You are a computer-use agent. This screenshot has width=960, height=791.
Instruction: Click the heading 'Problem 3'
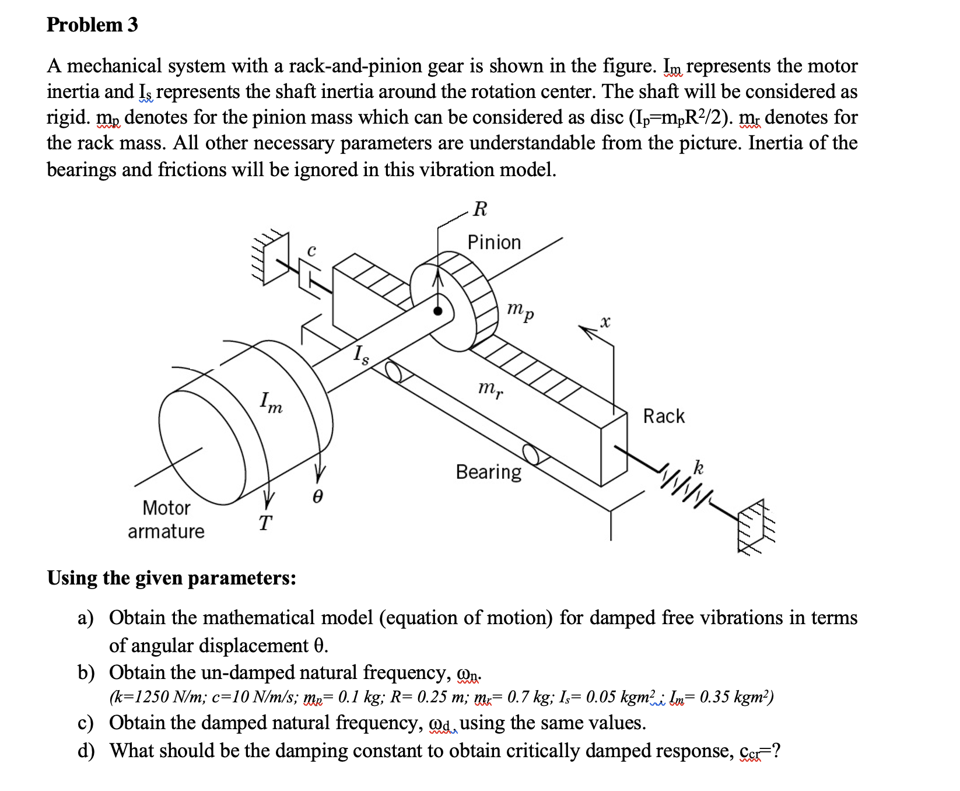point(92,24)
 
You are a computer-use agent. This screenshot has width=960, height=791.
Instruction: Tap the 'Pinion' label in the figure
point(494,242)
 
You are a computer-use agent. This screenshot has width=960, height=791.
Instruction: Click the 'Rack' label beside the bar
point(664,416)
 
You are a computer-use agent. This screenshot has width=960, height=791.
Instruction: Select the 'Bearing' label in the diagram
point(489,471)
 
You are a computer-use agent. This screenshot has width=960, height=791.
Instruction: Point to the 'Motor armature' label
point(166,519)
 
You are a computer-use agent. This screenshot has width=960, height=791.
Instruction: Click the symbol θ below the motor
point(317,496)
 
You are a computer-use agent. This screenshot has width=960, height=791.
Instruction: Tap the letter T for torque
point(265,523)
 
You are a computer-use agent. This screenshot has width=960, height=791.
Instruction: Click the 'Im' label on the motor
point(271,402)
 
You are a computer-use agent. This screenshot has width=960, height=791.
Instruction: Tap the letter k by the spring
point(698,467)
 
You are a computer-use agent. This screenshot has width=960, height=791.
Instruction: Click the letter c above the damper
point(312,250)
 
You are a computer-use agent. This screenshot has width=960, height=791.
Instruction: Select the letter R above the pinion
point(480,209)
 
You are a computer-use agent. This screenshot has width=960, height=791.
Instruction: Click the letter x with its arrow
point(605,321)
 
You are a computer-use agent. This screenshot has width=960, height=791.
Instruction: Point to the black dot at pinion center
point(438,311)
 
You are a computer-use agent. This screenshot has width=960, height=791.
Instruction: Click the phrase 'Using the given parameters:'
point(171,577)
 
